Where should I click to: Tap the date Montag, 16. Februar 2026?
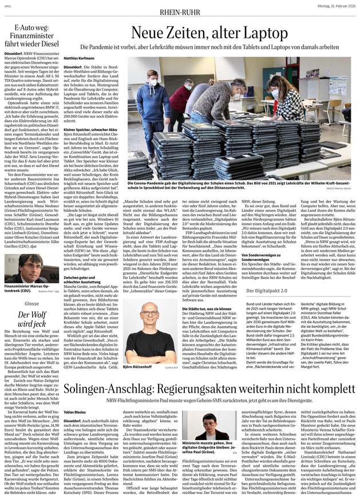(328, 6)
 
